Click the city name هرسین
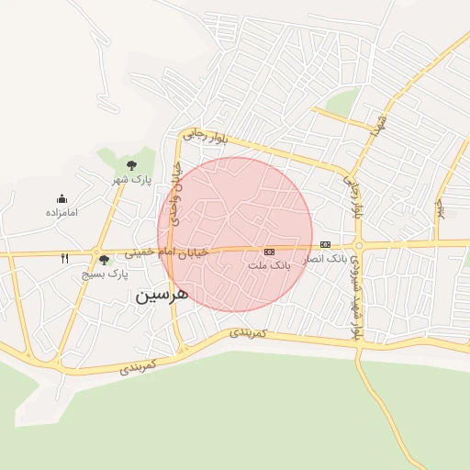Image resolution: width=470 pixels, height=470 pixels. pyautogui.click(x=162, y=295)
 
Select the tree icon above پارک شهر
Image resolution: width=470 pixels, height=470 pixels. pyautogui.click(x=131, y=165)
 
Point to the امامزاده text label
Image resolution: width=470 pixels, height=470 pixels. pyautogui.click(x=62, y=212)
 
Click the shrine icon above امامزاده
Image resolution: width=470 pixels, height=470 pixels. pyautogui.click(x=62, y=198)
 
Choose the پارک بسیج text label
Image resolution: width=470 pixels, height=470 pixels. pyautogui.click(x=106, y=274)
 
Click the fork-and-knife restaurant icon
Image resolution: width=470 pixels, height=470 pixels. pyautogui.click(x=64, y=259)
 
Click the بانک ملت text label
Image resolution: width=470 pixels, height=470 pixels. pyautogui.click(x=269, y=264)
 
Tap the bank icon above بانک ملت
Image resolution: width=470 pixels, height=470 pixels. pyautogui.click(x=269, y=251)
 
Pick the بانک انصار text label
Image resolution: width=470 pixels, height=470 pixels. pyautogui.click(x=325, y=258)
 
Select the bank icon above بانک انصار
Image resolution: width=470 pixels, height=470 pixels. pyautogui.click(x=325, y=244)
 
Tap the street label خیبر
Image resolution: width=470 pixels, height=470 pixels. pyautogui.click(x=440, y=209)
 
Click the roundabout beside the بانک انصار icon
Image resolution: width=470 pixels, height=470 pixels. pyautogui.click(x=360, y=245)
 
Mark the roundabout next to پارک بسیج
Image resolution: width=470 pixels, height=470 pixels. pyautogui.click(x=95, y=252)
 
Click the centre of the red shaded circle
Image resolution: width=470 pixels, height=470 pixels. pyautogui.click(x=235, y=234)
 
